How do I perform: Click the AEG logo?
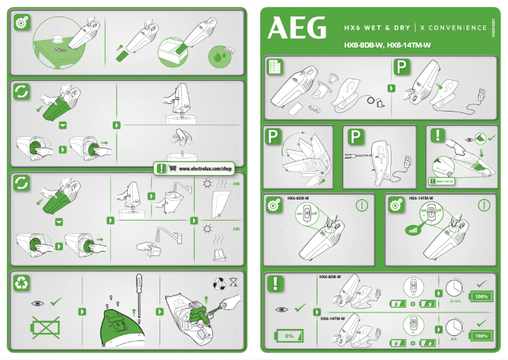298,28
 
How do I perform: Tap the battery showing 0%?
289,335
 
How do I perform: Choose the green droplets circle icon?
219,58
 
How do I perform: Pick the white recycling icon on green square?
22,283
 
